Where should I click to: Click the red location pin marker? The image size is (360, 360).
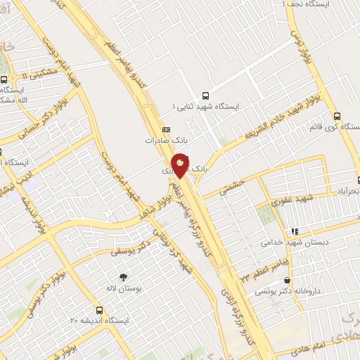coord(181,165)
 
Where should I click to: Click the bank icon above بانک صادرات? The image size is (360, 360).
coord(167,129)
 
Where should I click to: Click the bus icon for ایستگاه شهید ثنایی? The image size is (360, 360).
coord(205,95)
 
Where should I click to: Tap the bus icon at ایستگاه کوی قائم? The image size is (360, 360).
coord(337,117)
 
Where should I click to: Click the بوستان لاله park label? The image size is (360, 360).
coord(124,288)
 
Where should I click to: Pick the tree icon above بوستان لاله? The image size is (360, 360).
coord(124,278)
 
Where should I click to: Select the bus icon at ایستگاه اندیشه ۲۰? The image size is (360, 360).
coord(99,309)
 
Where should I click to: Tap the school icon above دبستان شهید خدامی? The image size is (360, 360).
coord(295,231)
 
